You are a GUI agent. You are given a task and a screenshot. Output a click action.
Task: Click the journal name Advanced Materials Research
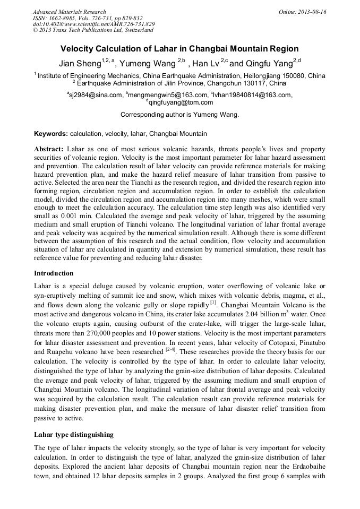pyautogui.click(x=69, y=12)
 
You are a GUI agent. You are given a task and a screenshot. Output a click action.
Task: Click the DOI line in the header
pyautogui.click(x=94, y=24)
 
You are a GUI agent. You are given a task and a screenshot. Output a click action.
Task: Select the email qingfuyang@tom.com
pyautogui.click(x=181, y=102)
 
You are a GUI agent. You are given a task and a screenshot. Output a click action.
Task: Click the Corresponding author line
pyautogui.click(x=179, y=114)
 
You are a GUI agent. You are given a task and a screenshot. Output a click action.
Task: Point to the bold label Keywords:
pyautogui.click(x=51, y=134)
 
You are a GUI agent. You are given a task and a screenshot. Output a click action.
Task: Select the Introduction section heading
pyautogui.click(x=54, y=273)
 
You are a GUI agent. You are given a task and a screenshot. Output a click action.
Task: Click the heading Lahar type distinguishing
pyautogui.click(x=74, y=434)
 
